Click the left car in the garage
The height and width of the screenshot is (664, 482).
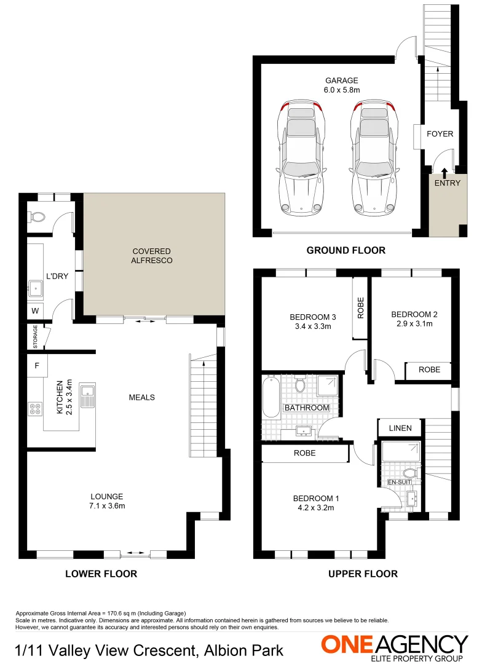[x=301, y=158]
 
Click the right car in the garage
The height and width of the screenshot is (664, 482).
[x=373, y=158]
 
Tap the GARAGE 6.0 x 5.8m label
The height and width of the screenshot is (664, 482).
[x=341, y=85]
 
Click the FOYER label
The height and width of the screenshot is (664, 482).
[x=440, y=134]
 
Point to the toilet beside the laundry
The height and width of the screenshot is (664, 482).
[x=38, y=217]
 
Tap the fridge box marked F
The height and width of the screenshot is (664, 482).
[x=37, y=366]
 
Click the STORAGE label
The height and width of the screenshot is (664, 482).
[x=35, y=337]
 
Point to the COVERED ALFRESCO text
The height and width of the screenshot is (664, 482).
[x=151, y=256]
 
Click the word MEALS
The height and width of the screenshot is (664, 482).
[x=141, y=397]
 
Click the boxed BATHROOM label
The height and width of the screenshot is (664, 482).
[x=306, y=408]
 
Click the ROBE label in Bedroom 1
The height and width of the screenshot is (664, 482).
[x=305, y=453]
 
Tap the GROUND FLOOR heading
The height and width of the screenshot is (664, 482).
[x=346, y=250]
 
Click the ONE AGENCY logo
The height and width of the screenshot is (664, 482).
[x=394, y=646]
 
